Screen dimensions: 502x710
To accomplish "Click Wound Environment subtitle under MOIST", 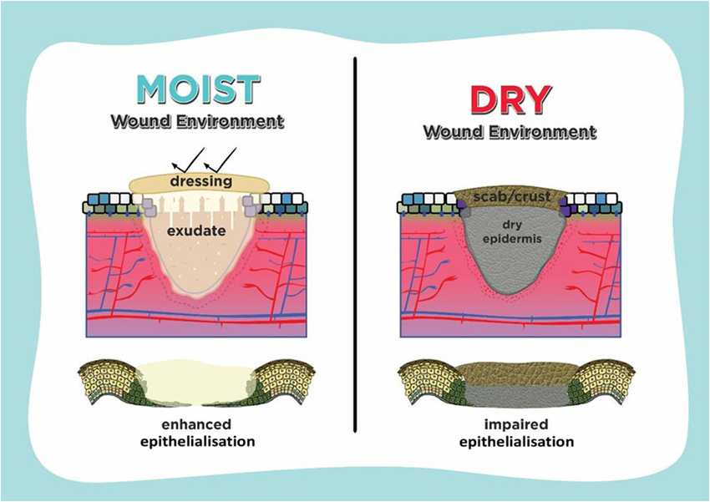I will click(x=198, y=121).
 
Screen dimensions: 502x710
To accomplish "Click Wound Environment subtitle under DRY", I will click(x=510, y=132).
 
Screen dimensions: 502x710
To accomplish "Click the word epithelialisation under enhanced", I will click(x=198, y=440).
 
